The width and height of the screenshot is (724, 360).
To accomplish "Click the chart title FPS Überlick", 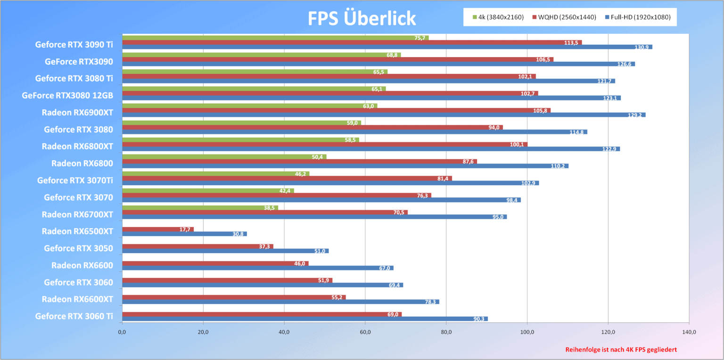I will (x=362, y=18).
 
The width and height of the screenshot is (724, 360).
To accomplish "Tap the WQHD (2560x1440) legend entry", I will (x=565, y=17).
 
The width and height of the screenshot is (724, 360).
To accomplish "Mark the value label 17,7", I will (x=185, y=229).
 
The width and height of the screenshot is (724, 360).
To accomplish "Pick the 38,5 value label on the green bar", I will (x=270, y=208).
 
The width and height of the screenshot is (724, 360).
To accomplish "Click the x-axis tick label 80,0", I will (x=446, y=333).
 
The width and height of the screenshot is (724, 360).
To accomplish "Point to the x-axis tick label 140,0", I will (x=689, y=333).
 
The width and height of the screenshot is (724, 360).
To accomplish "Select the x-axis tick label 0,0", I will (x=122, y=333).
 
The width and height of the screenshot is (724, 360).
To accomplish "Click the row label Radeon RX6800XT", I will (x=77, y=147).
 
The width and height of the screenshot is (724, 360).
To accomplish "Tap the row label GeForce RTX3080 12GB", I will (x=67, y=96).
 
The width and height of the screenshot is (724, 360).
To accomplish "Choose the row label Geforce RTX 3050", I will (x=78, y=248).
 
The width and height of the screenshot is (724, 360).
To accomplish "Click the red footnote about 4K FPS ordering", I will (x=621, y=350).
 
